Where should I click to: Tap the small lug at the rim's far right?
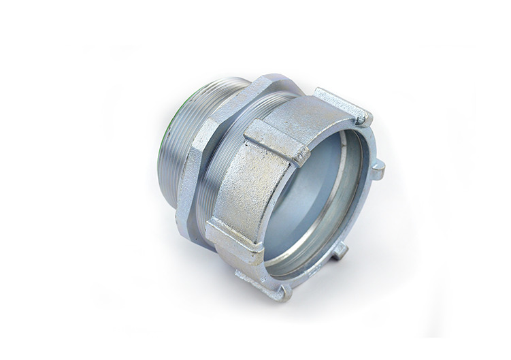click(378, 168)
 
